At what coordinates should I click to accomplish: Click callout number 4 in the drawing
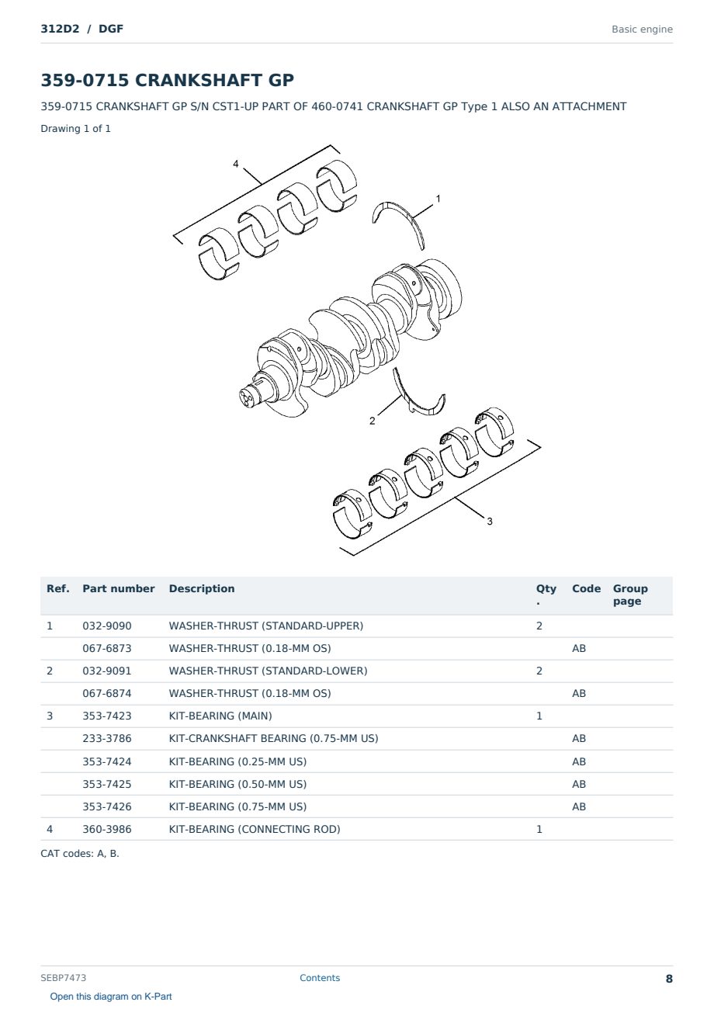(236, 164)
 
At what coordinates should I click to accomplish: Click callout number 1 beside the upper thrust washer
(438, 199)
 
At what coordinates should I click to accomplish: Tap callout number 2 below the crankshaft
(372, 421)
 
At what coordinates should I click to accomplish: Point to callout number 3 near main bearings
(490, 521)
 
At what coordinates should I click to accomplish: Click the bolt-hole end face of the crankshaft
(249, 397)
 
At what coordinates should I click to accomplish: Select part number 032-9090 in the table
(107, 626)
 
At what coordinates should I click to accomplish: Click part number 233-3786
(107, 738)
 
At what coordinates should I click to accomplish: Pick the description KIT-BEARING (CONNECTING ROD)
(255, 829)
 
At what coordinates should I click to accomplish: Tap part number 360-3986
(107, 829)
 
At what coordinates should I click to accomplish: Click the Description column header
(202, 588)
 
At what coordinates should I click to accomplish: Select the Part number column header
(119, 588)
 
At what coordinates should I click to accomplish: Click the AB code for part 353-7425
(579, 784)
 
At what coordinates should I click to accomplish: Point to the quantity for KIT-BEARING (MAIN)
(539, 716)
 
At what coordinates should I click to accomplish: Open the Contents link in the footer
(320, 977)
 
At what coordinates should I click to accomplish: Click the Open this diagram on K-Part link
(111, 996)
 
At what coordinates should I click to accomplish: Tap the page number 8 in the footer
(669, 979)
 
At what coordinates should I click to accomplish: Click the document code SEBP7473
(63, 977)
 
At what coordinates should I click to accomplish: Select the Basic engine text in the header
(642, 29)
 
